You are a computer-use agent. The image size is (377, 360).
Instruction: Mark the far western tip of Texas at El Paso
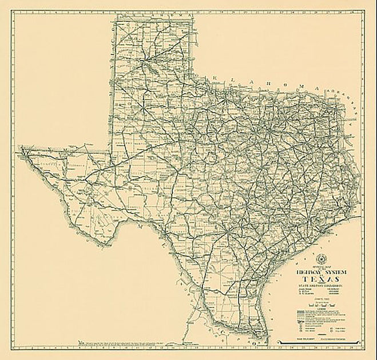pos(22,149)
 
